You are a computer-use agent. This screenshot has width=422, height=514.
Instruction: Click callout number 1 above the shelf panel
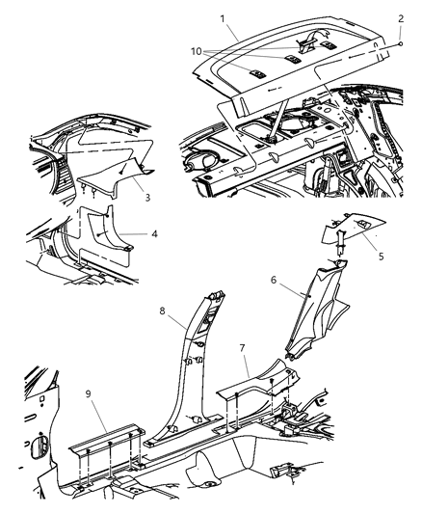click(x=223, y=18)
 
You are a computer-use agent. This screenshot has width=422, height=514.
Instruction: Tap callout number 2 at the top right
click(x=401, y=18)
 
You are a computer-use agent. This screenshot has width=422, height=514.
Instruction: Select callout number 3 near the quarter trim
click(x=147, y=198)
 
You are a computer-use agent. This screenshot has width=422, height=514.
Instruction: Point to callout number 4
click(x=154, y=233)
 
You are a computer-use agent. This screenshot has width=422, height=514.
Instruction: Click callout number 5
click(x=381, y=256)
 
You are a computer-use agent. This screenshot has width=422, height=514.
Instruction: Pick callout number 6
click(x=274, y=280)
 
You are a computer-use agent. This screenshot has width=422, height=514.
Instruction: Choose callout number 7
click(x=242, y=348)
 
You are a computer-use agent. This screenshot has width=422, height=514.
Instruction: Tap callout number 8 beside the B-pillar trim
click(x=163, y=311)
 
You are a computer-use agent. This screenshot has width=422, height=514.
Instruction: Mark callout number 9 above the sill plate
click(x=88, y=393)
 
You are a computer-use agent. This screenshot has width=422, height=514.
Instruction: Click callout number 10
click(x=197, y=51)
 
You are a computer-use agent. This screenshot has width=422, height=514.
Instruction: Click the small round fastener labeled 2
click(x=400, y=43)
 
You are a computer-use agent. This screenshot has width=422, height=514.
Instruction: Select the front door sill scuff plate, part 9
click(x=107, y=439)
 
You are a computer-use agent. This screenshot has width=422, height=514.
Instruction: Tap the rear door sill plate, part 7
click(x=258, y=379)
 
